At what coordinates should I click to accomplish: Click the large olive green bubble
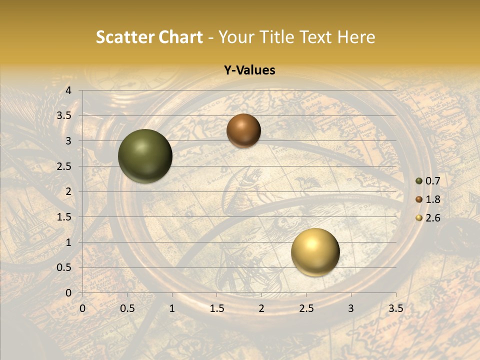point(145,156)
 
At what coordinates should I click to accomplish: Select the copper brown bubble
point(243,130)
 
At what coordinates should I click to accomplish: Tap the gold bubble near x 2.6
point(315,252)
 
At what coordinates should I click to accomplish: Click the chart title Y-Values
point(249,70)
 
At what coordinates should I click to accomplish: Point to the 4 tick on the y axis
point(68,90)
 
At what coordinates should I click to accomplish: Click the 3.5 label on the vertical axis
point(64,115)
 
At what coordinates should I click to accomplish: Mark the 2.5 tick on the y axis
point(64,166)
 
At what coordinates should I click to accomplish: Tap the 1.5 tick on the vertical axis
point(64,217)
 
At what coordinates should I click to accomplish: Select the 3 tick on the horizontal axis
point(351,308)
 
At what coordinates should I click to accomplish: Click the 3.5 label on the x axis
point(395,308)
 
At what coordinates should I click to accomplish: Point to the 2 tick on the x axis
point(261,308)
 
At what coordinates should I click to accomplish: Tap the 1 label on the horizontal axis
point(172,308)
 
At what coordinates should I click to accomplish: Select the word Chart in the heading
point(181,37)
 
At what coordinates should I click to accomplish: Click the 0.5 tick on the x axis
point(127,308)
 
